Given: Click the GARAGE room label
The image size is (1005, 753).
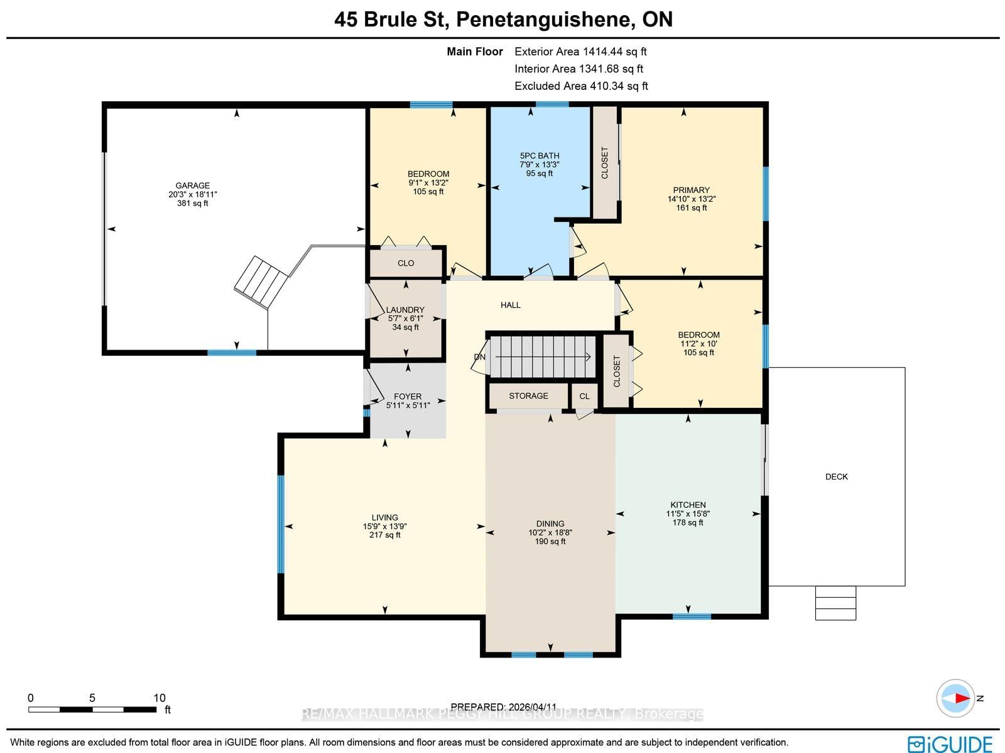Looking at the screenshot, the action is [x=192, y=185].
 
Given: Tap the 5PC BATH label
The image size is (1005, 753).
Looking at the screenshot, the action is [x=540, y=156].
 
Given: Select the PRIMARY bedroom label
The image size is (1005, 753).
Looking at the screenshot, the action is [x=692, y=190].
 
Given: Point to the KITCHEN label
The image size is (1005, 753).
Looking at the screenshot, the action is [x=688, y=505].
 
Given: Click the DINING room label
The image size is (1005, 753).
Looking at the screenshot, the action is [x=550, y=524].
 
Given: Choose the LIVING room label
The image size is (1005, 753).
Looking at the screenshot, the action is [x=384, y=517].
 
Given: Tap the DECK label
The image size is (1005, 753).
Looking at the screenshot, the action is [x=837, y=477].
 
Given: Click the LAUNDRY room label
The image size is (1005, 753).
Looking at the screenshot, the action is [x=405, y=310].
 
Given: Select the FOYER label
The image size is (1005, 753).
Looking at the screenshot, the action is [x=408, y=397].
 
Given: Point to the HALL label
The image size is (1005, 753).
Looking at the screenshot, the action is [x=511, y=305].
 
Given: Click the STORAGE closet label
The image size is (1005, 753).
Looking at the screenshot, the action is [x=528, y=396].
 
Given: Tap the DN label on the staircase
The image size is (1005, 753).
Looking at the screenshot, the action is [x=480, y=357].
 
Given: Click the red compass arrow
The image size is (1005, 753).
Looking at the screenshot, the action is [x=962, y=698].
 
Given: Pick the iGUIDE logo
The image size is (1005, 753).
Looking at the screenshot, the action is [x=950, y=744].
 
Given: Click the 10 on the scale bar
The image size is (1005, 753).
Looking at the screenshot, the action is [x=160, y=698].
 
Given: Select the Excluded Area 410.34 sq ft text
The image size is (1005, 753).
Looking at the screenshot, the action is [x=581, y=86].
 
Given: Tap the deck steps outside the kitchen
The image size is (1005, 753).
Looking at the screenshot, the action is [x=835, y=603].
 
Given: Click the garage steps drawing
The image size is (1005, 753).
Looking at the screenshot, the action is [x=261, y=282].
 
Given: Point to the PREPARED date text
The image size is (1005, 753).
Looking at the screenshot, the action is [x=504, y=707].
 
